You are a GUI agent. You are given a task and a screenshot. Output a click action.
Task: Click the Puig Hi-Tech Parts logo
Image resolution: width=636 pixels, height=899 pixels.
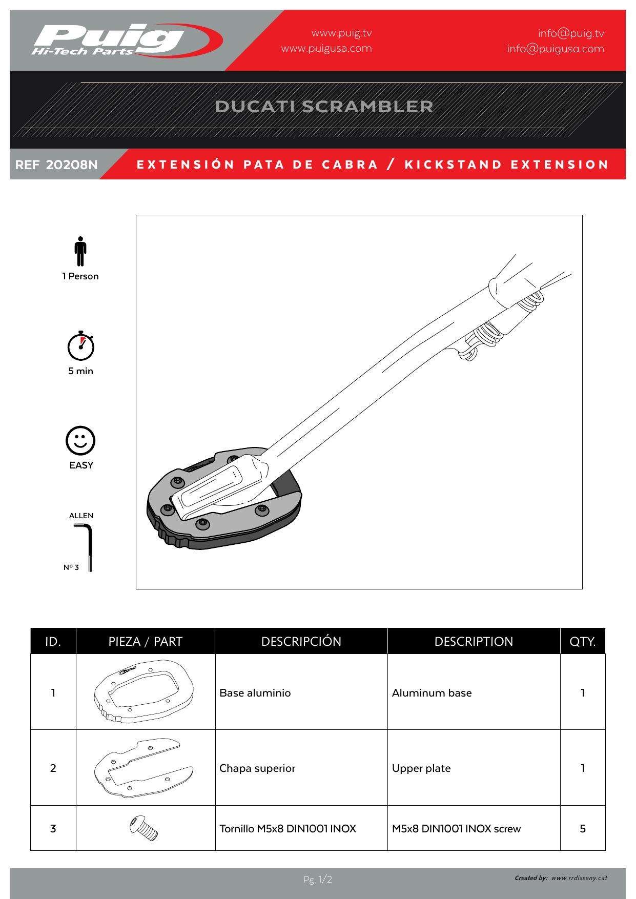click(x=126, y=40)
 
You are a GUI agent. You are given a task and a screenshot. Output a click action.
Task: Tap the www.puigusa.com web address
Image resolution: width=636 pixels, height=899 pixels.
click(x=326, y=49)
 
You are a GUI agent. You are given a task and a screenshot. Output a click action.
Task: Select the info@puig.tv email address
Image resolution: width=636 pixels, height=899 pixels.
click(x=570, y=34)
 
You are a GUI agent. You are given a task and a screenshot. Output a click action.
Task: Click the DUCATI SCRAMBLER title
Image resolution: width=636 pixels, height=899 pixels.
click(x=324, y=107)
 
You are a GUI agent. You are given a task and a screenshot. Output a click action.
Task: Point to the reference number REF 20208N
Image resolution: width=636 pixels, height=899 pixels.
click(x=56, y=165)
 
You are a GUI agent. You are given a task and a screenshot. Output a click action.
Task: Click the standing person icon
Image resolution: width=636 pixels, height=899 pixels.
click(x=80, y=251)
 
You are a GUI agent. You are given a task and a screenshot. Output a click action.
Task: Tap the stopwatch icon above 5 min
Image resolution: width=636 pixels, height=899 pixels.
click(x=81, y=346)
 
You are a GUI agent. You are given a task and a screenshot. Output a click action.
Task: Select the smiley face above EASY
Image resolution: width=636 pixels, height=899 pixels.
click(x=80, y=440)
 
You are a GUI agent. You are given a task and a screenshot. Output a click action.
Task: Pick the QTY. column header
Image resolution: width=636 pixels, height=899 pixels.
click(x=582, y=642)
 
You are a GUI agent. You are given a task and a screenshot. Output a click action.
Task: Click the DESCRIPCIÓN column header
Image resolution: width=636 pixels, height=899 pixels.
click(x=301, y=642)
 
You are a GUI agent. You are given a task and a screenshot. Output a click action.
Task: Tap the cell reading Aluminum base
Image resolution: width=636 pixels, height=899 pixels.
click(x=432, y=693)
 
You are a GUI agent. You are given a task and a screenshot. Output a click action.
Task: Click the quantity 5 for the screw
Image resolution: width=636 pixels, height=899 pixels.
click(x=582, y=829)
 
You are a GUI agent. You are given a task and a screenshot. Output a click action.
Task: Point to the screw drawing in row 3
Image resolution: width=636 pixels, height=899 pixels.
click(x=144, y=828)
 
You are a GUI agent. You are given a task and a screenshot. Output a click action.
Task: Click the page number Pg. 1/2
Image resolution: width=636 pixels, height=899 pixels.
click(x=318, y=880)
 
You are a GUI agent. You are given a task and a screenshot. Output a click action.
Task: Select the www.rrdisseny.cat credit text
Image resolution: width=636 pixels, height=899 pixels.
click(x=579, y=878)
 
